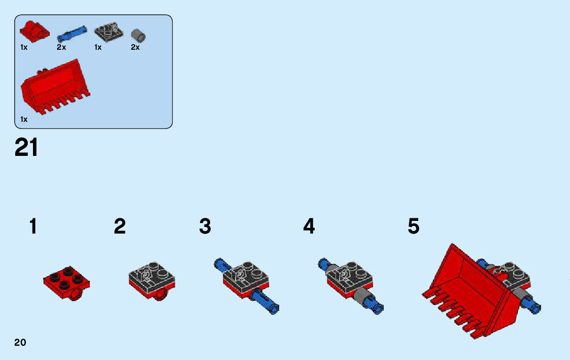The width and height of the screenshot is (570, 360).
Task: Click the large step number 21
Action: tap(26, 147)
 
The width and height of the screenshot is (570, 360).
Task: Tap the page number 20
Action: tap(20, 342)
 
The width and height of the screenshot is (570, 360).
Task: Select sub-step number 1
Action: tap(33, 226)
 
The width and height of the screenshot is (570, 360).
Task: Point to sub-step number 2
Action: tap(120, 226)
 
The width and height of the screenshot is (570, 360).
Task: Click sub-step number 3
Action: tap(205, 226)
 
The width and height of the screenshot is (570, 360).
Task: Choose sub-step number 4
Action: tap(309, 226)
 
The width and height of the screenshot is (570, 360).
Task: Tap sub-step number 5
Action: tap(414, 226)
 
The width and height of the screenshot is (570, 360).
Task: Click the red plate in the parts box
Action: tap(34, 31)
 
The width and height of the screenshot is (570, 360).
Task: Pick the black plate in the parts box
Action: tap(108, 32)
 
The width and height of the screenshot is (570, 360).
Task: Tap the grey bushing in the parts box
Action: tap(138, 36)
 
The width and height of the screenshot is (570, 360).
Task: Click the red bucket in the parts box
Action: tap(53, 86)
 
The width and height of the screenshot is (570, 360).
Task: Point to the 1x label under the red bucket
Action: tap(24, 119)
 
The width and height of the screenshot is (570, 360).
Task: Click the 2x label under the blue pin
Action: tap(61, 47)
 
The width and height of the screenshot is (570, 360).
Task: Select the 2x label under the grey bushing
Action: tap(135, 47)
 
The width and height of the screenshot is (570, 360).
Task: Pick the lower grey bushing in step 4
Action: tap(363, 297)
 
